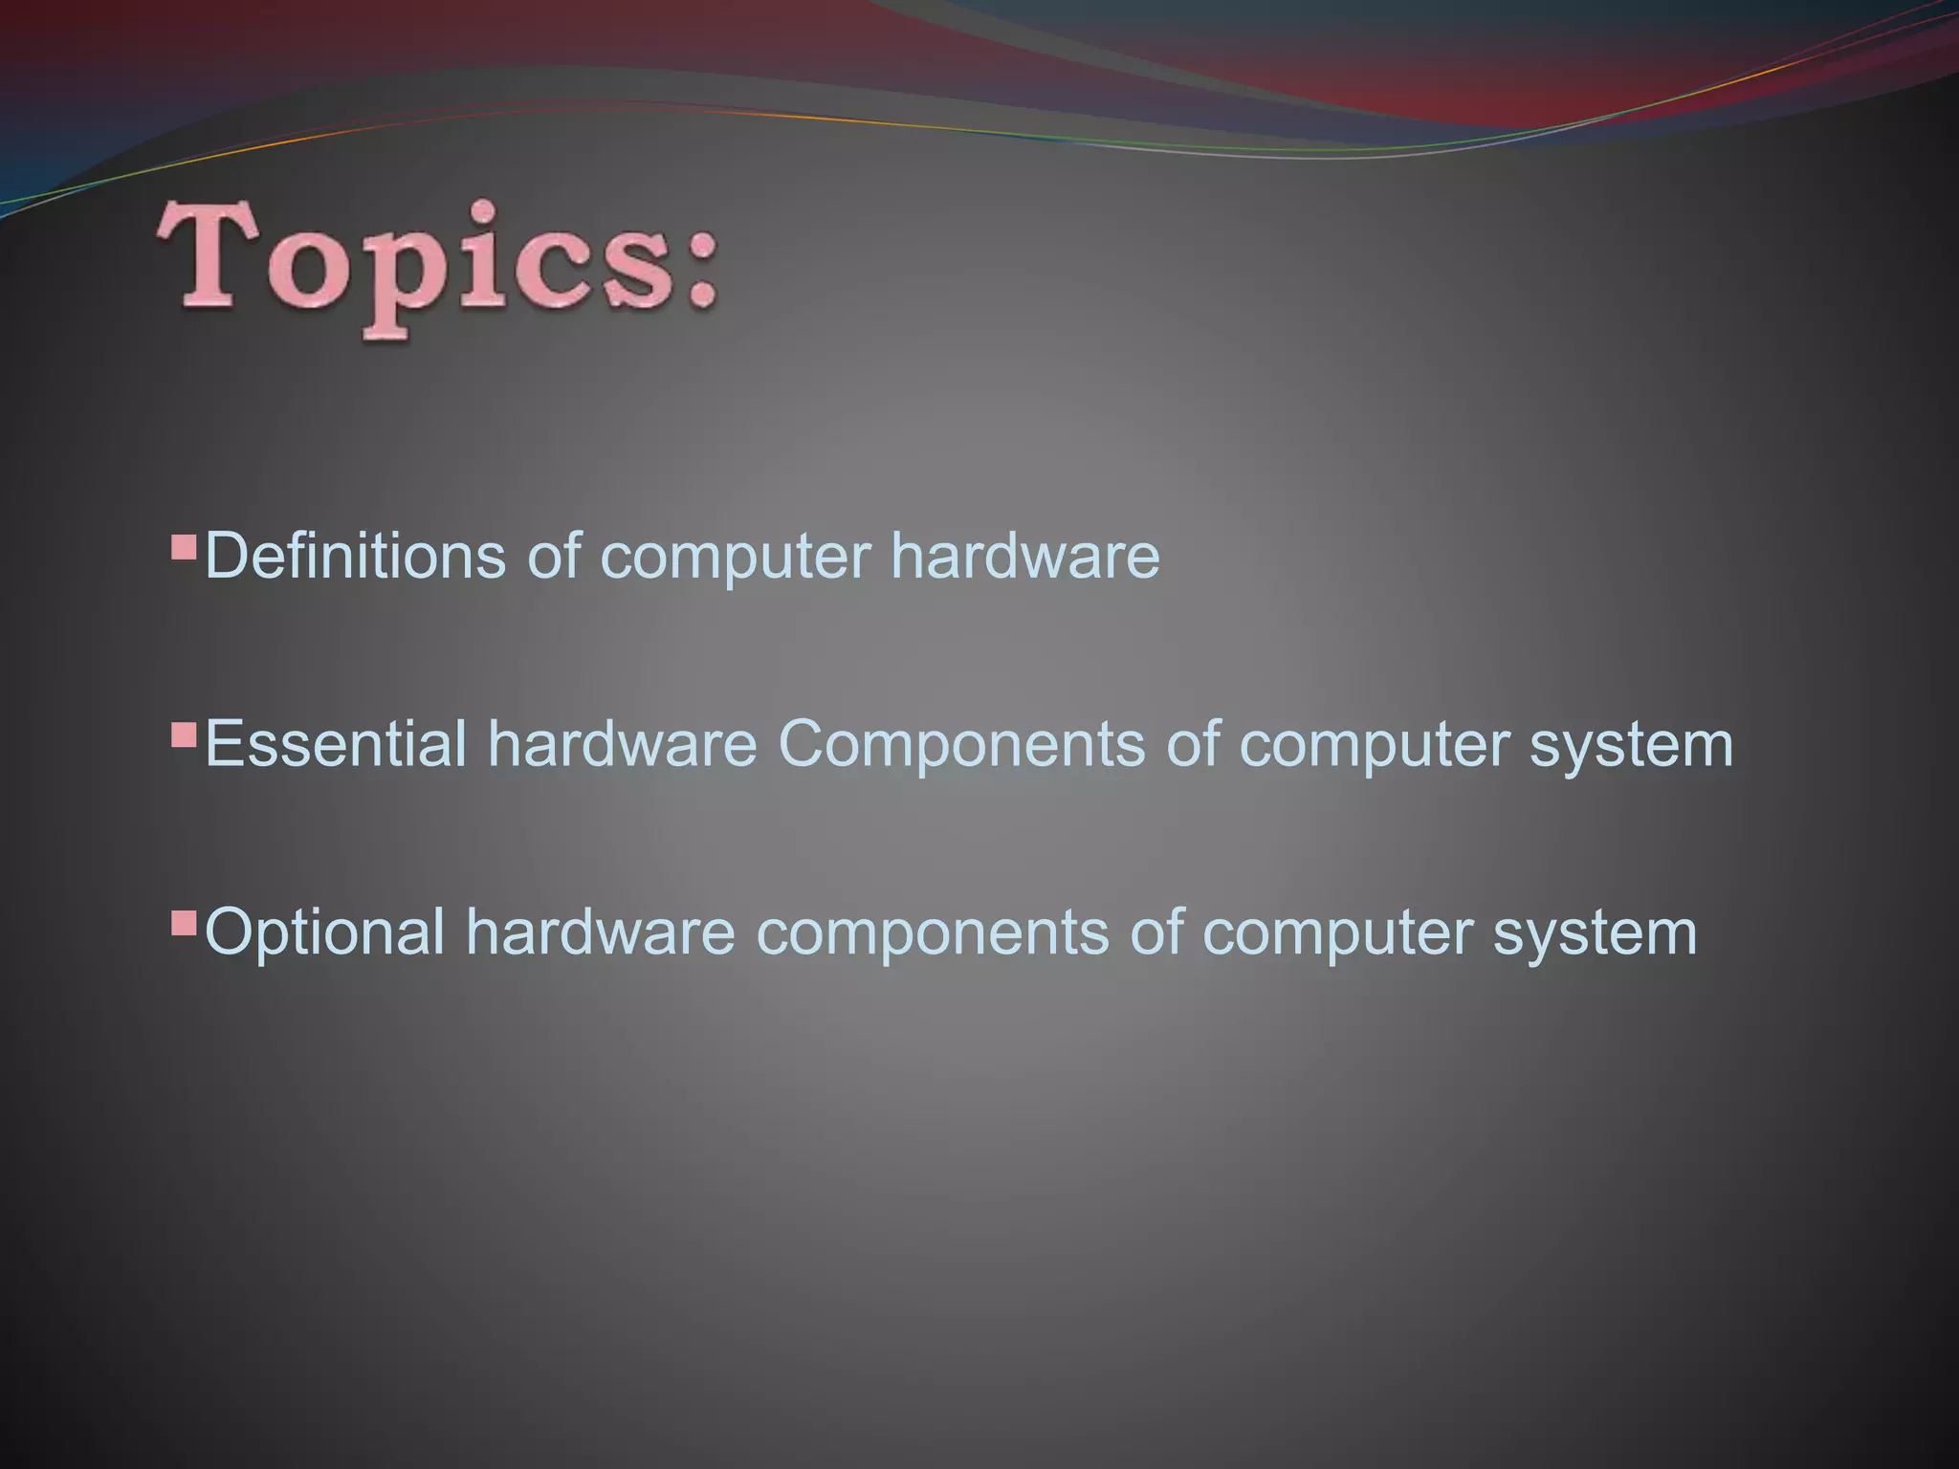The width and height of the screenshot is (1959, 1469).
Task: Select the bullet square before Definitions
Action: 183,547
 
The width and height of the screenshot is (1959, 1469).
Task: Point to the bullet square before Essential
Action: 183,735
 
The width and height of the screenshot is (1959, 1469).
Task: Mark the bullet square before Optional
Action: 183,923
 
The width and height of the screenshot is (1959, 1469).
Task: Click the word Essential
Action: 335,743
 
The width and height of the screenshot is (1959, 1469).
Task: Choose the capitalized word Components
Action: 960,745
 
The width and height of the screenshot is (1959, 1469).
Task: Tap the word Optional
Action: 325,932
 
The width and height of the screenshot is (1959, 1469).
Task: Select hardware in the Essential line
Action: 622,743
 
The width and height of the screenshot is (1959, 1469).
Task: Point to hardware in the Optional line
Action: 600,932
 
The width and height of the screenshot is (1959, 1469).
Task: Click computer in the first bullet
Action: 736,557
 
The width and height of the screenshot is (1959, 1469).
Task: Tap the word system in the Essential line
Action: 1631,745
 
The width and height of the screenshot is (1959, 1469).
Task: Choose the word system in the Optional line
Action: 1595,933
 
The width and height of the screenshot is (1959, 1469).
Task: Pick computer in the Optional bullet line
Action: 1336,933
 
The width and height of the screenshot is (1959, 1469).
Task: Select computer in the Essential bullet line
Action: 1374,745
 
